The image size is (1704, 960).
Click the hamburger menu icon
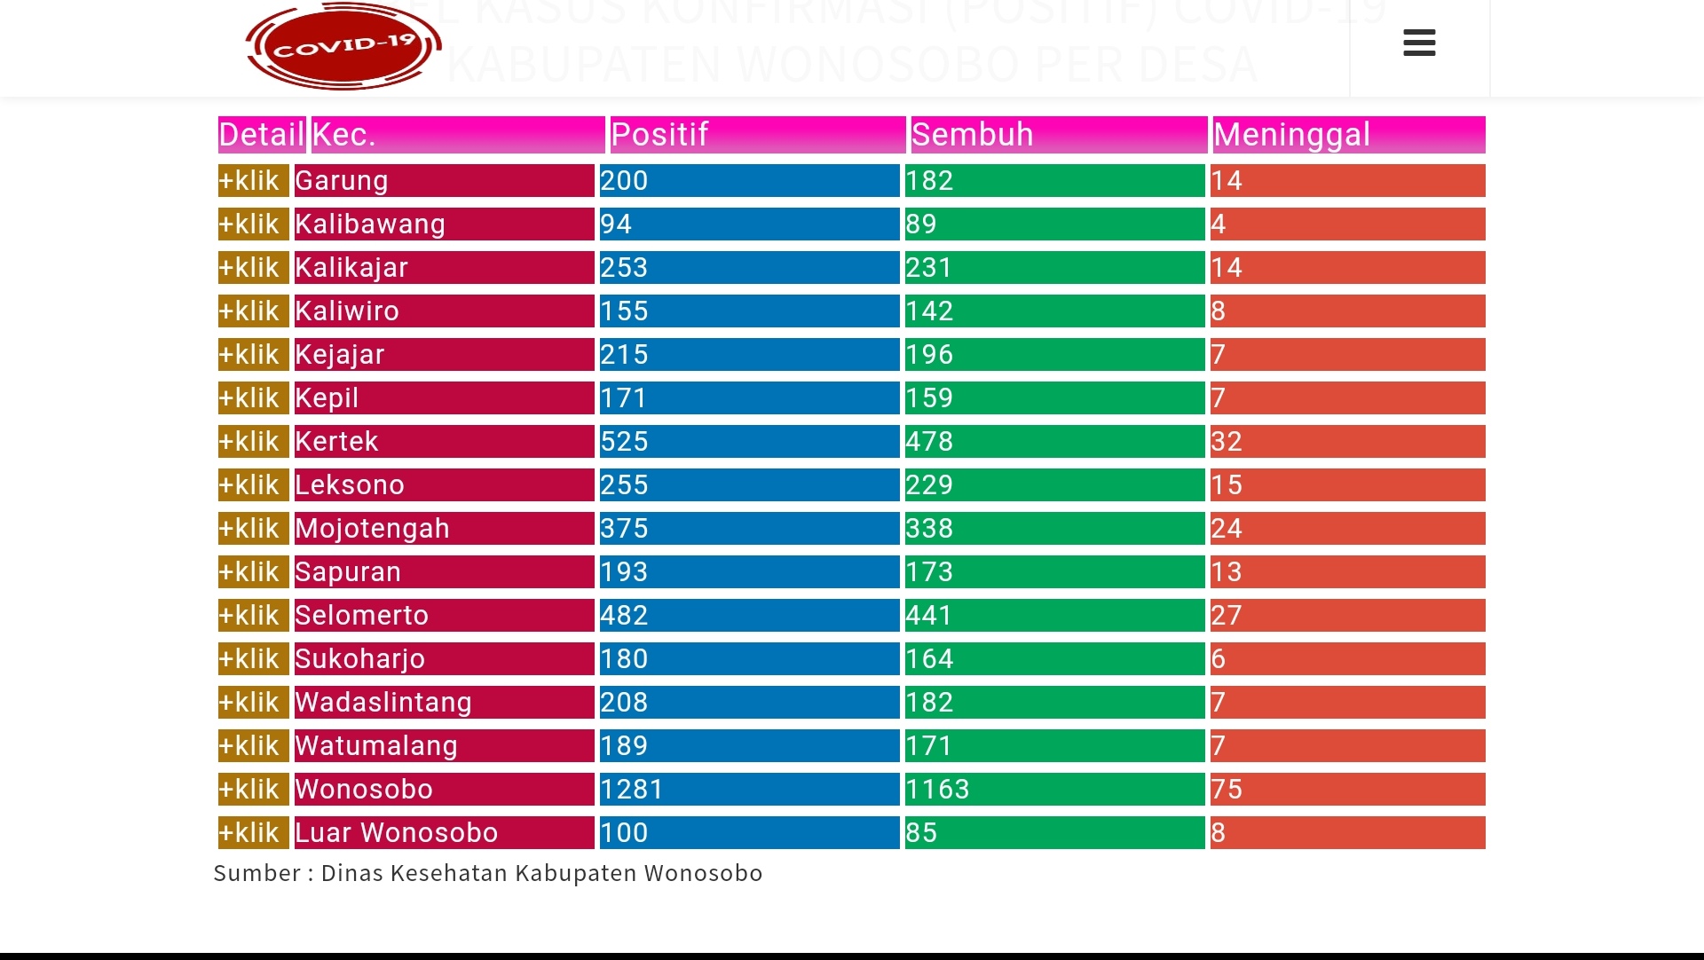(1419, 43)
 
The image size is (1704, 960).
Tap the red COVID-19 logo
(343, 46)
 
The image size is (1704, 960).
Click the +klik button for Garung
(253, 181)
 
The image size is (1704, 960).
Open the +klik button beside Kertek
(253, 442)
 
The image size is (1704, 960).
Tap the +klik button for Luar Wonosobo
(253, 833)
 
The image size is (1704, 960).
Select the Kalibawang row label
(370, 224)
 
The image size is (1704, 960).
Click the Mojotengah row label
(373, 529)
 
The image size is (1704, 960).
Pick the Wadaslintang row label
(383, 703)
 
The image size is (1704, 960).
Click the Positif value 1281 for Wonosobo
(632, 790)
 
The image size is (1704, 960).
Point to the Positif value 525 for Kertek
(625, 442)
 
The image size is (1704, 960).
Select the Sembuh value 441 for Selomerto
(929, 616)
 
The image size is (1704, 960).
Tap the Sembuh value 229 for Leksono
(929, 485)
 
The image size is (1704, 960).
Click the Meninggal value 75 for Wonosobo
(1227, 790)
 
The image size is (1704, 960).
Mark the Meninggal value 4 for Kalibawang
(1219, 224)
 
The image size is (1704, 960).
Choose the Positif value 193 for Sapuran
(625, 572)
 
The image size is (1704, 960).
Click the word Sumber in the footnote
(257, 873)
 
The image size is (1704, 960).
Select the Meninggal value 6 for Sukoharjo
(1219, 659)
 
